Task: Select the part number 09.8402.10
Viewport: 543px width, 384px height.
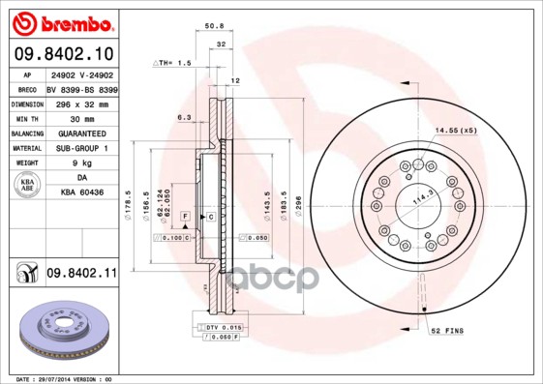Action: click(x=64, y=54)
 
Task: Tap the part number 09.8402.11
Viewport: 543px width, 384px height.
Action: click(x=80, y=275)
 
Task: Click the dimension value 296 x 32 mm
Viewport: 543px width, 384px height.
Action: click(x=80, y=103)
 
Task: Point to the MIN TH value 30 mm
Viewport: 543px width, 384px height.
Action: click(x=80, y=118)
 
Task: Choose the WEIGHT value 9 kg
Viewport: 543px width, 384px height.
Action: click(x=80, y=163)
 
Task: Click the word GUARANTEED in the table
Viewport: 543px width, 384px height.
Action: click(x=80, y=133)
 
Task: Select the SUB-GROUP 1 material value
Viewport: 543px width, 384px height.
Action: click(x=80, y=148)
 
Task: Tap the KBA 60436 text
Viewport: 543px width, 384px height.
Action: click(x=80, y=193)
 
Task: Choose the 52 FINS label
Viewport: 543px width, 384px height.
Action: click(x=446, y=331)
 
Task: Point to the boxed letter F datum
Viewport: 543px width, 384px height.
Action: click(x=184, y=216)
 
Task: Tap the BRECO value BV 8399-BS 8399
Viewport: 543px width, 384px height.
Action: click(x=80, y=88)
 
